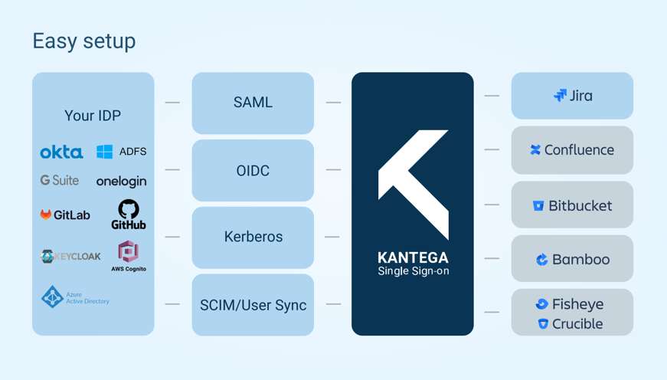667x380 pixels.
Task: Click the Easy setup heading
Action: click(x=84, y=41)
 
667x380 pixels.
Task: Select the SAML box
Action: click(x=253, y=103)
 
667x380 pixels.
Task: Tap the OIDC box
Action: click(x=253, y=170)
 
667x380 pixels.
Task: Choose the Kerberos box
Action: click(x=253, y=237)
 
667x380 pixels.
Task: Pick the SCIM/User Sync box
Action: click(x=253, y=305)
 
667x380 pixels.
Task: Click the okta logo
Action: click(x=61, y=152)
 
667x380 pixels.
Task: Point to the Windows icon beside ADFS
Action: click(x=104, y=152)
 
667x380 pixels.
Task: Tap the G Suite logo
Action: click(x=60, y=181)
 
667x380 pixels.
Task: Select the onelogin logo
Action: click(x=121, y=182)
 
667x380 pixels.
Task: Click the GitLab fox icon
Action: click(x=46, y=215)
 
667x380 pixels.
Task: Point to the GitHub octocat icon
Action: click(x=129, y=208)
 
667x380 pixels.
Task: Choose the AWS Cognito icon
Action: click(x=128, y=251)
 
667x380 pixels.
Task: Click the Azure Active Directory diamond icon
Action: click(x=52, y=296)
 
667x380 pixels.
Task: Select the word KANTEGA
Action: click(x=413, y=257)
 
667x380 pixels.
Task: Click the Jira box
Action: click(x=572, y=96)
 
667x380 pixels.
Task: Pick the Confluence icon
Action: click(x=535, y=150)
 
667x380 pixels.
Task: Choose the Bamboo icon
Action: click(x=542, y=260)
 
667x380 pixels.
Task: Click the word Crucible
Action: click(x=577, y=324)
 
